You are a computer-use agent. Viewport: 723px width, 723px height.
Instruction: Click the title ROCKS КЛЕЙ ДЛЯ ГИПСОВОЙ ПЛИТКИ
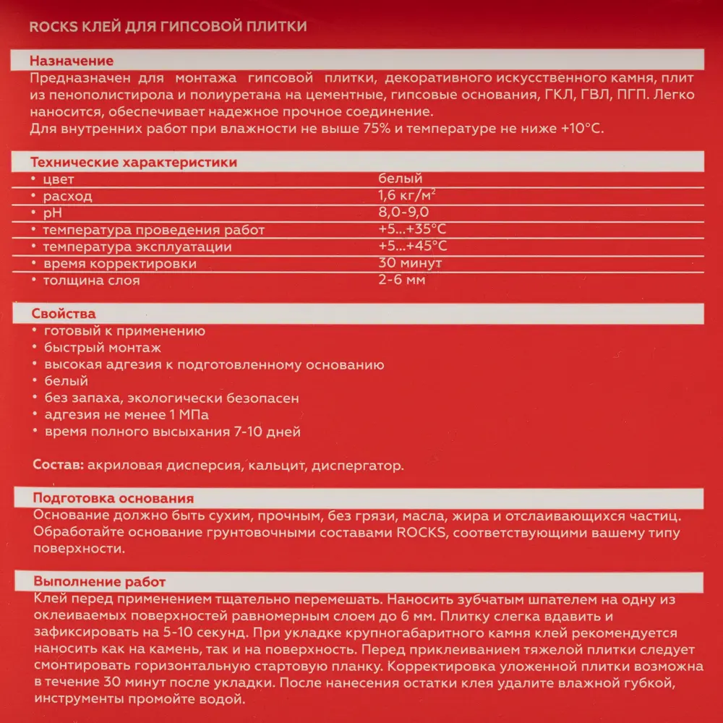pyautogui.click(x=167, y=27)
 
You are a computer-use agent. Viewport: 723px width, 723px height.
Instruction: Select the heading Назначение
pyautogui.click(x=72, y=61)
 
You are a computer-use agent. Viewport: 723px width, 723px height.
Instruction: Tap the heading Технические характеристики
pyautogui.click(x=134, y=163)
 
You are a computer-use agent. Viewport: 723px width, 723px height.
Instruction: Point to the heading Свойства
pyautogui.click(x=64, y=314)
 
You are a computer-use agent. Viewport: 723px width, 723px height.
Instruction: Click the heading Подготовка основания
pyautogui.click(x=113, y=499)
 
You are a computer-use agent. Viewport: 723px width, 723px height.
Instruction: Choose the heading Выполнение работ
pyautogui.click(x=99, y=582)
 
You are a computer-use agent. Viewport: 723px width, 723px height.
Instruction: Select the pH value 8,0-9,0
pyautogui.click(x=403, y=213)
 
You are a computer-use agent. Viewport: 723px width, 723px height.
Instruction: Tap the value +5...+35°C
pyautogui.click(x=411, y=230)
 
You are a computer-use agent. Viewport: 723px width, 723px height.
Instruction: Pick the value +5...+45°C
pyautogui.click(x=411, y=247)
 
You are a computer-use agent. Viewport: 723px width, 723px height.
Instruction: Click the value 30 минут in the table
pyautogui.click(x=409, y=263)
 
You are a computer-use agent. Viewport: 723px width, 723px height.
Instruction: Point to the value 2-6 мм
pyautogui.click(x=402, y=280)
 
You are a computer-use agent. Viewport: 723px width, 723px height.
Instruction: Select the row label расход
pyautogui.click(x=67, y=197)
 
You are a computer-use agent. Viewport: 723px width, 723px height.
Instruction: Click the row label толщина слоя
pyautogui.click(x=91, y=281)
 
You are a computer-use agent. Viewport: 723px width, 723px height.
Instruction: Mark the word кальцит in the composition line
pyautogui.click(x=275, y=465)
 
